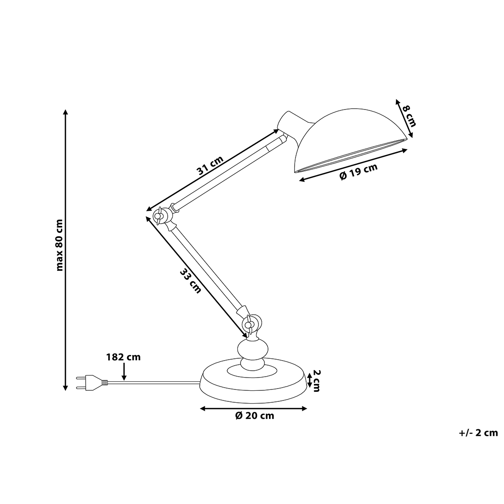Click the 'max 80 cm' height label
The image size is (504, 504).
coord(60,246)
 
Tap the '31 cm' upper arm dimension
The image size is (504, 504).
coord(210,165)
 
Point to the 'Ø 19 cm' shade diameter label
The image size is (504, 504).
coord(358,171)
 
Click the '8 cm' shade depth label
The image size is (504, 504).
coord(409,116)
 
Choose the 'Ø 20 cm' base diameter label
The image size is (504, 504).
coord(255,416)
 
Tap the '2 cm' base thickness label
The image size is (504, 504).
coord(317,381)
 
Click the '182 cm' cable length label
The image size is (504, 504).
coord(123,357)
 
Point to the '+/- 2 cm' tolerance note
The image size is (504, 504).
coord(478,433)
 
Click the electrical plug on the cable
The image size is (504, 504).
coord(92,383)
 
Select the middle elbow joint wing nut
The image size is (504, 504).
coord(159,216)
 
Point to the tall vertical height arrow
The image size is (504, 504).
coord(66,250)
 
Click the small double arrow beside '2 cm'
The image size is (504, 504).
coord(309,380)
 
